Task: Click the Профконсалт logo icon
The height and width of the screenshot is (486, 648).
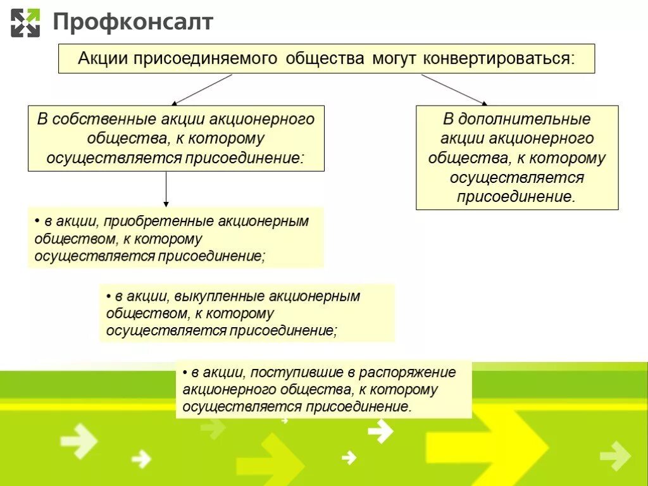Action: [25, 23]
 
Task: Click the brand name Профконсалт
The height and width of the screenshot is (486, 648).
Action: [133, 23]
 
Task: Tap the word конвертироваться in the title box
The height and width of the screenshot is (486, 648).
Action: [499, 59]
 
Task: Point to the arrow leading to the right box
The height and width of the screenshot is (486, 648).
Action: [454, 89]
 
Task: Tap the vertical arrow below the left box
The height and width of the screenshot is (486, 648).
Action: [166, 189]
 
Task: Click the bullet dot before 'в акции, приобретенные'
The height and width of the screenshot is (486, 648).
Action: [38, 222]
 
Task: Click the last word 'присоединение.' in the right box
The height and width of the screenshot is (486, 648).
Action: [516, 196]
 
